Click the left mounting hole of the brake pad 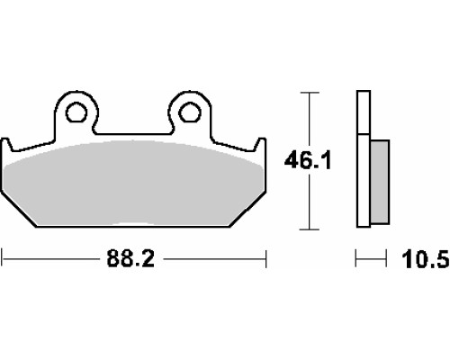click(x=76, y=112)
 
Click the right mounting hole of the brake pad click(x=189, y=112)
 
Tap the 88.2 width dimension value click(x=130, y=258)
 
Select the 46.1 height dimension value click(x=308, y=161)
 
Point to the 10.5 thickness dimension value click(x=426, y=259)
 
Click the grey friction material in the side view click(x=380, y=182)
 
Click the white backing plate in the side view click(x=364, y=158)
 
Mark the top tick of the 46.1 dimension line click(x=310, y=93)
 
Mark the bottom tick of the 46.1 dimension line click(x=310, y=229)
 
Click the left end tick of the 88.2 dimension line click(x=2, y=258)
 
